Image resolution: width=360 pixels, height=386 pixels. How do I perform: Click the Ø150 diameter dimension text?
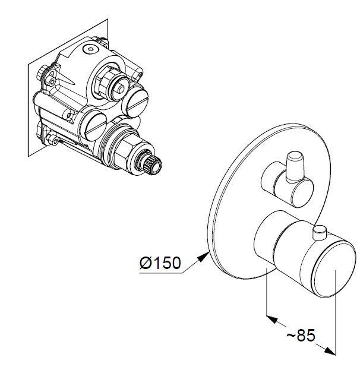click(160, 263)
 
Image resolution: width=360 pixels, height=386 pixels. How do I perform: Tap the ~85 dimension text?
click(301, 336)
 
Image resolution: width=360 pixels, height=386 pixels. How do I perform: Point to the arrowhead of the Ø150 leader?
click(203, 257)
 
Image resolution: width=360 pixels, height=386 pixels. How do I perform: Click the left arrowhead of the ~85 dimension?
click(272, 319)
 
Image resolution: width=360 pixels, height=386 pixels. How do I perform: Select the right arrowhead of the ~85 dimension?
click(330, 352)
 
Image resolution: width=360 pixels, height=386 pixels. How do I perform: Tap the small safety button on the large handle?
click(320, 233)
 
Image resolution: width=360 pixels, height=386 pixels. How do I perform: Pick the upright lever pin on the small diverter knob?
click(295, 167)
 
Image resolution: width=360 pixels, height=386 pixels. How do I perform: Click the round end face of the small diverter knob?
click(302, 193)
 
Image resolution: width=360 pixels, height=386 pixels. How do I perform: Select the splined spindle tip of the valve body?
click(151, 164)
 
